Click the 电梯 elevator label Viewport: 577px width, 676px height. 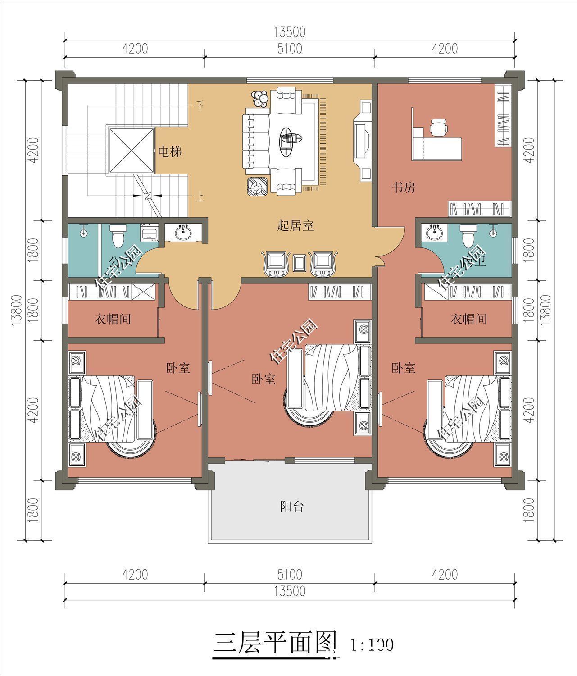tap(169, 151)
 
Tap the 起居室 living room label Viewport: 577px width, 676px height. tap(295, 225)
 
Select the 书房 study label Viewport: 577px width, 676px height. tap(403, 187)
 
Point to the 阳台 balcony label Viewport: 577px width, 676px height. tap(292, 506)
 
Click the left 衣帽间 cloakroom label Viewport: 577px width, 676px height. tap(112, 320)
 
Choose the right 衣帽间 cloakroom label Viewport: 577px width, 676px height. tap(468, 320)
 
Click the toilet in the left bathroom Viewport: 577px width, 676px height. tap(118, 235)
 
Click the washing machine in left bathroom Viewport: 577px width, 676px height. tap(149, 233)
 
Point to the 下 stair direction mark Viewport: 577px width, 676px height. tap(200, 106)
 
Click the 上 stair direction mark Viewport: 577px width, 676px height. tap(200, 197)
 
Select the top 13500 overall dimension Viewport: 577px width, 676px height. tap(290, 32)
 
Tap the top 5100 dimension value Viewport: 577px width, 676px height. tap(290, 48)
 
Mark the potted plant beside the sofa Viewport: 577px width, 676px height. tap(260, 99)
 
